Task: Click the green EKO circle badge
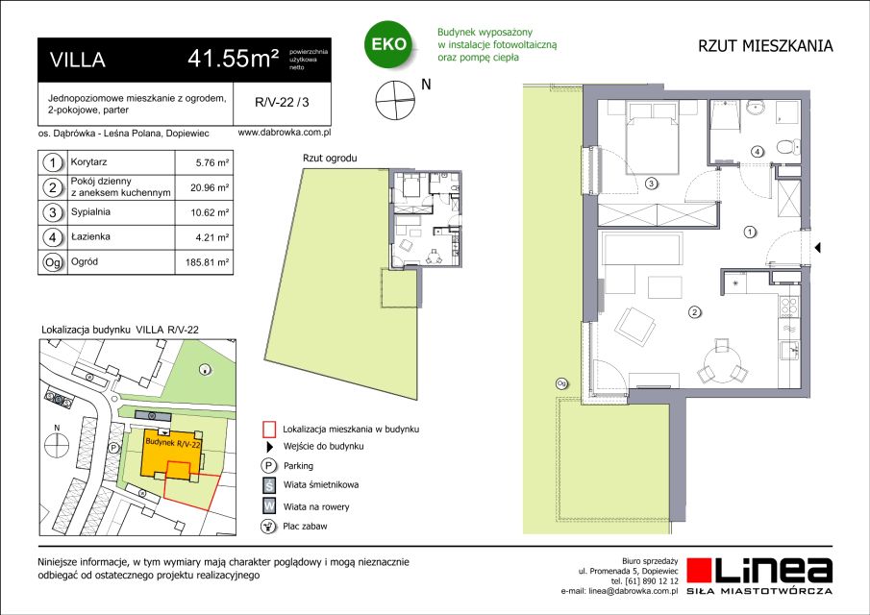[x=388, y=44]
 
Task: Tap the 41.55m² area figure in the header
[x=233, y=59]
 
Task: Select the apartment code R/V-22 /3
[x=282, y=102]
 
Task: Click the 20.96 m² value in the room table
[x=210, y=188]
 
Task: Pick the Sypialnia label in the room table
[x=90, y=211]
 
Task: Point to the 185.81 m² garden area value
[x=207, y=262]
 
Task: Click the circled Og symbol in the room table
[x=53, y=261]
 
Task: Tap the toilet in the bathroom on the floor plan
[x=787, y=148]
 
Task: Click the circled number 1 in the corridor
[x=750, y=233]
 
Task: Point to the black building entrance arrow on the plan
[x=817, y=248]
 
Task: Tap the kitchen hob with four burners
[x=789, y=307]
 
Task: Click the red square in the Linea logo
[x=699, y=571]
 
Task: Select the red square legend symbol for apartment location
[x=269, y=430]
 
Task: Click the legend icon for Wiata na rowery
[x=269, y=505]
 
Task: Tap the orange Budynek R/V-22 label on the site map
[x=172, y=443]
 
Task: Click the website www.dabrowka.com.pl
[x=285, y=134]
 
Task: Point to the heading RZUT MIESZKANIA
[x=765, y=46]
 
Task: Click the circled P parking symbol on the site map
[x=113, y=448]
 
